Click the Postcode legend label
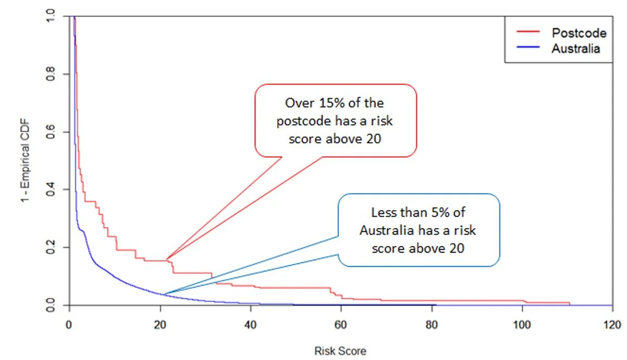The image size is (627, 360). click(579, 33)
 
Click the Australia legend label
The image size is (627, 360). click(576, 48)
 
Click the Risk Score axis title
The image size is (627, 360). click(340, 351)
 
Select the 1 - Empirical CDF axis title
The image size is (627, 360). click(25, 161)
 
